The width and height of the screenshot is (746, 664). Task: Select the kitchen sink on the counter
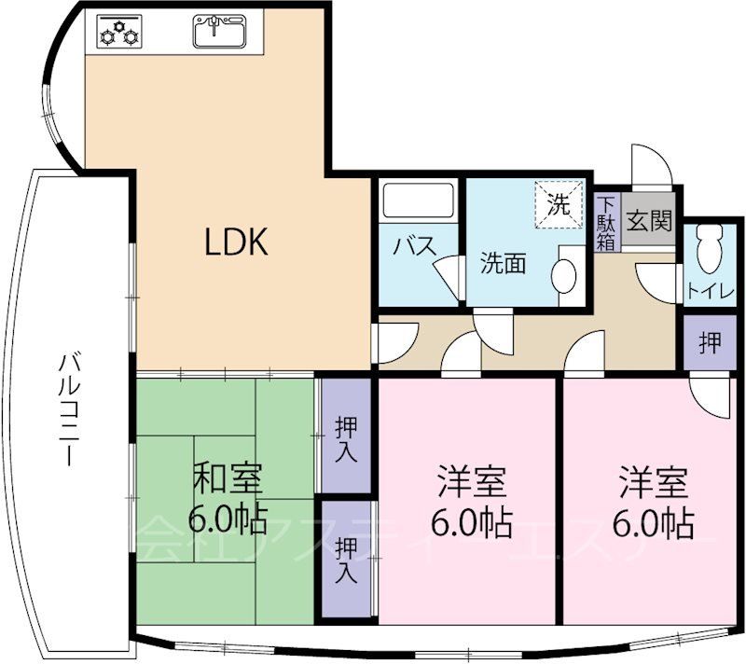click(x=221, y=32)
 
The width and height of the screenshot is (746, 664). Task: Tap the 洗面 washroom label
click(x=503, y=264)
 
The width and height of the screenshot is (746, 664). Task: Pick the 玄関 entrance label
click(x=648, y=222)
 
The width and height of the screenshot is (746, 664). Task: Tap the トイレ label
click(x=711, y=290)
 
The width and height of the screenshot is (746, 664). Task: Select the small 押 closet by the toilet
click(x=710, y=342)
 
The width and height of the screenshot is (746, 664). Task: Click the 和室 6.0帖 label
click(x=228, y=499)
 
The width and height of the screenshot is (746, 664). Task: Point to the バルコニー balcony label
click(x=67, y=410)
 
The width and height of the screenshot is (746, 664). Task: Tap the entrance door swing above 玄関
click(x=650, y=167)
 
